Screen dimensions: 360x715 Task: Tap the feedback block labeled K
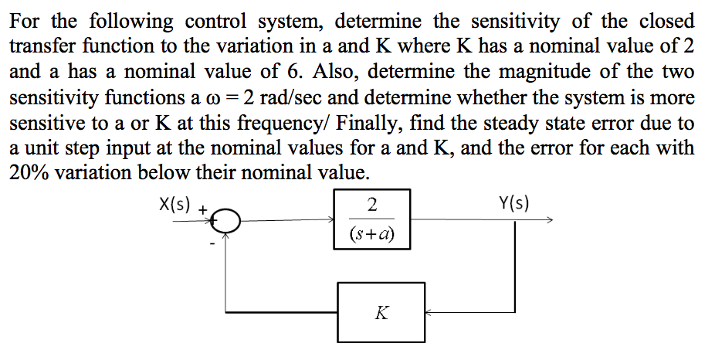381,313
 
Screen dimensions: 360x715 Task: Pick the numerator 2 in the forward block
374,205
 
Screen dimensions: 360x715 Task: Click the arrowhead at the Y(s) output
549,221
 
